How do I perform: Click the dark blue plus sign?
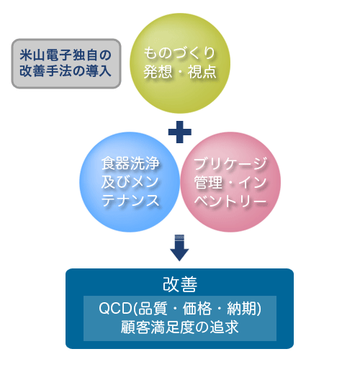(x=180, y=132)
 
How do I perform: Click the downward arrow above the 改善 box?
(x=179, y=248)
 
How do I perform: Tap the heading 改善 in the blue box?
(x=180, y=284)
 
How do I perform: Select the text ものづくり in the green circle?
(x=179, y=53)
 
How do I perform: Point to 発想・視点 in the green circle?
(x=180, y=72)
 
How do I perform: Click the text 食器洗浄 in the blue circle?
(x=130, y=163)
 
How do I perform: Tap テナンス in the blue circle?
(x=130, y=201)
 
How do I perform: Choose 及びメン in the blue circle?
(x=130, y=182)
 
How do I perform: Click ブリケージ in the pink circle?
(x=230, y=164)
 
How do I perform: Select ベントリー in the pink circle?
(x=230, y=201)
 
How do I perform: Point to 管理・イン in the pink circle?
(x=230, y=182)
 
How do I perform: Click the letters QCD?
(x=115, y=308)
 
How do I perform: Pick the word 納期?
(x=241, y=309)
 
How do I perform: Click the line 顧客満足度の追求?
(x=180, y=327)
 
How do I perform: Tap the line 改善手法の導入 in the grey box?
(x=66, y=71)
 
